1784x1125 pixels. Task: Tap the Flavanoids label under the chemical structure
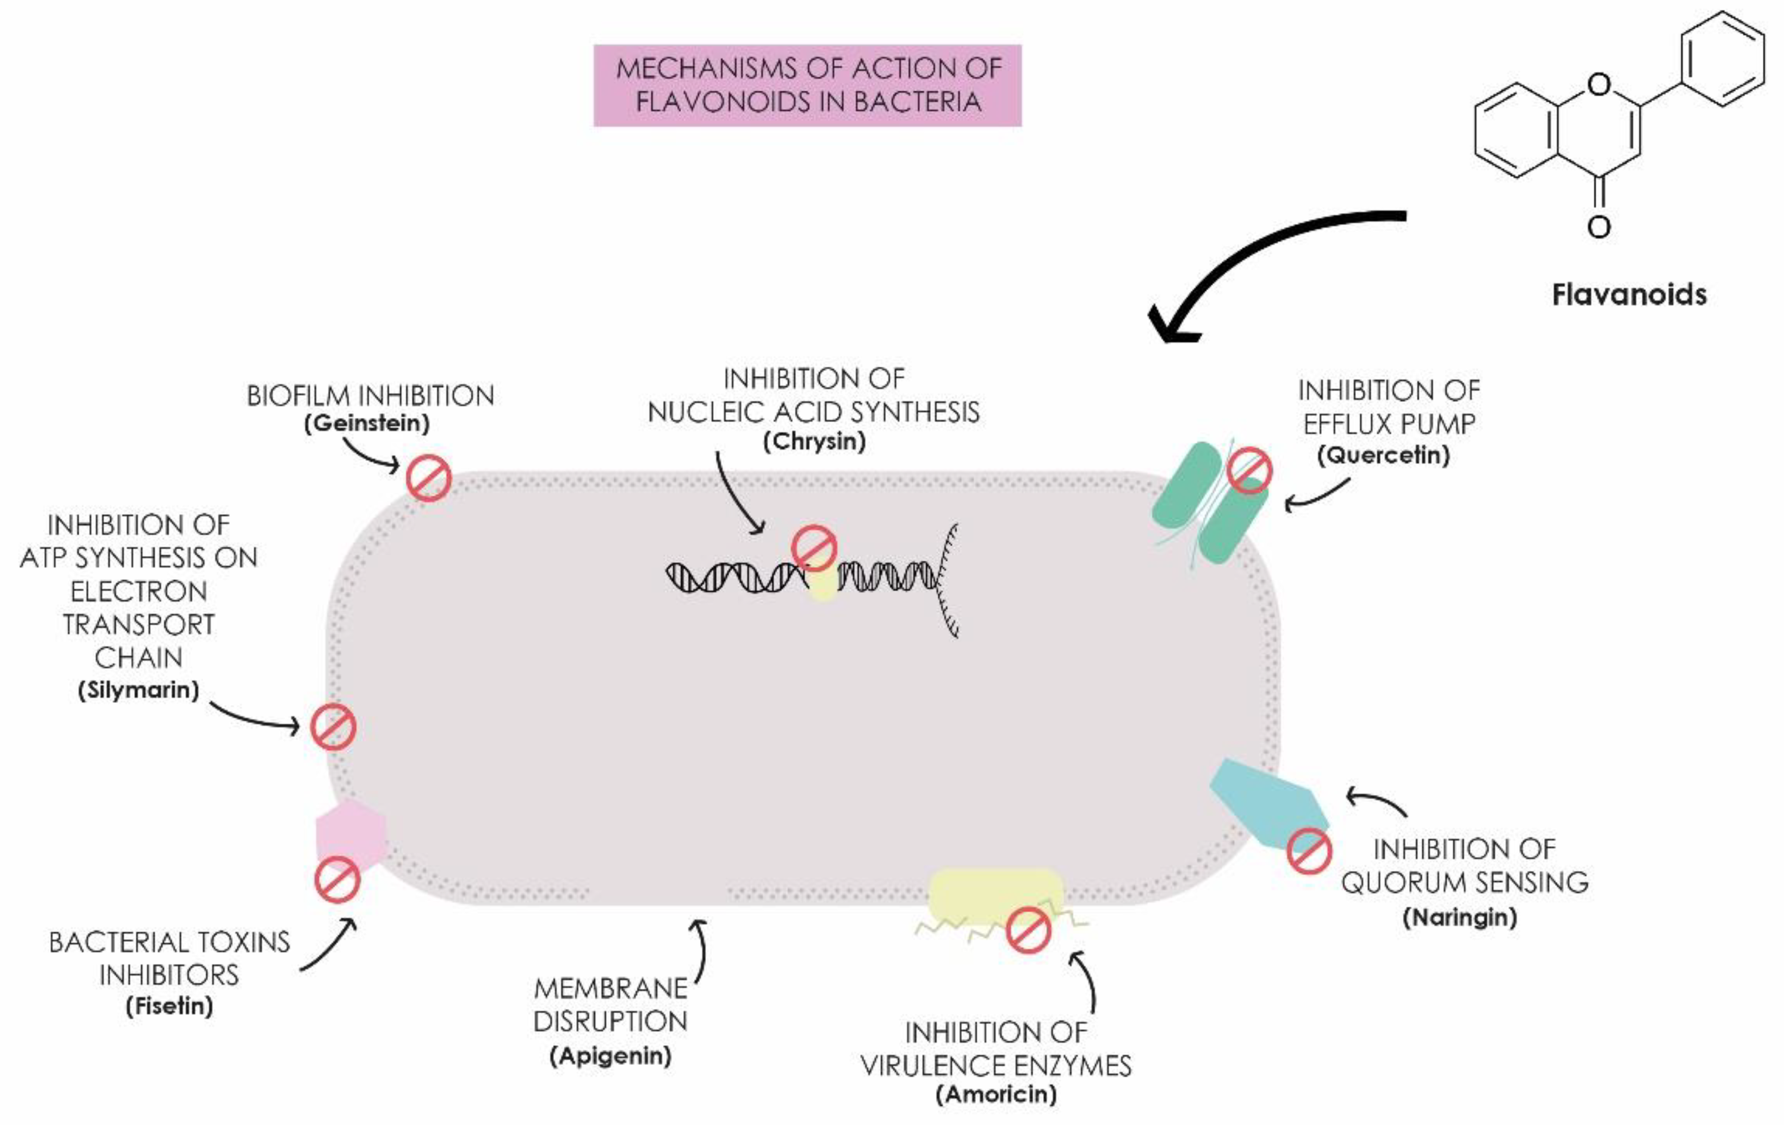pyautogui.click(x=1629, y=295)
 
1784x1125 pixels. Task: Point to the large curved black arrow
pyautogui.click(x=1260, y=252)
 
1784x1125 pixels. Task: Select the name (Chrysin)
pyautogui.click(x=814, y=442)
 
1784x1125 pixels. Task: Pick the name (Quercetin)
pyautogui.click(x=1383, y=455)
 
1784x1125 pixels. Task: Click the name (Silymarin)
pyautogui.click(x=138, y=690)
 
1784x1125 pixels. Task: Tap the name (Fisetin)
pyautogui.click(x=169, y=1006)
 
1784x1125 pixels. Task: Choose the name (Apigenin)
pyautogui.click(x=610, y=1056)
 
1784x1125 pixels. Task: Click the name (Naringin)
pyautogui.click(x=1460, y=917)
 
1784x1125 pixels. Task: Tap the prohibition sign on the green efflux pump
pyautogui.click(x=1250, y=470)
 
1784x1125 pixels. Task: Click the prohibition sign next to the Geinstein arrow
pyautogui.click(x=428, y=478)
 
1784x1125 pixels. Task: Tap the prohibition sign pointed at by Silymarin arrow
pyautogui.click(x=333, y=727)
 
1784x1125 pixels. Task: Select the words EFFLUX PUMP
pyautogui.click(x=1389, y=424)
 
